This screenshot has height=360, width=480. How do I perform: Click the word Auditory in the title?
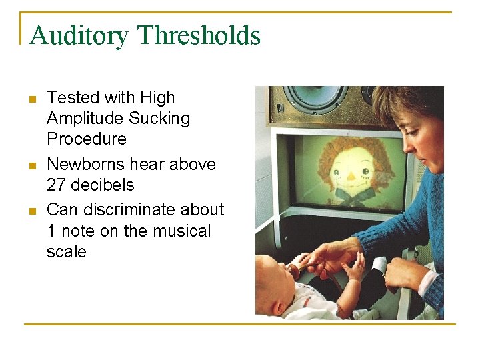click(x=79, y=35)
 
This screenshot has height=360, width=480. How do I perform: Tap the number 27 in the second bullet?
click(x=57, y=185)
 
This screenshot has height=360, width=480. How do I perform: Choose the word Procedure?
click(x=86, y=139)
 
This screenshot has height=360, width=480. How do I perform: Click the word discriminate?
click(x=128, y=209)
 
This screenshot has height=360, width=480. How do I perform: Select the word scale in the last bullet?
click(x=66, y=251)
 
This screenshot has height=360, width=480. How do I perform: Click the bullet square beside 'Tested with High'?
click(x=31, y=99)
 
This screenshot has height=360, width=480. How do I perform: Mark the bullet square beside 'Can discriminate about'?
click(x=31, y=211)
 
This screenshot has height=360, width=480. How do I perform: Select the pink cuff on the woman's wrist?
click(x=427, y=281)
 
